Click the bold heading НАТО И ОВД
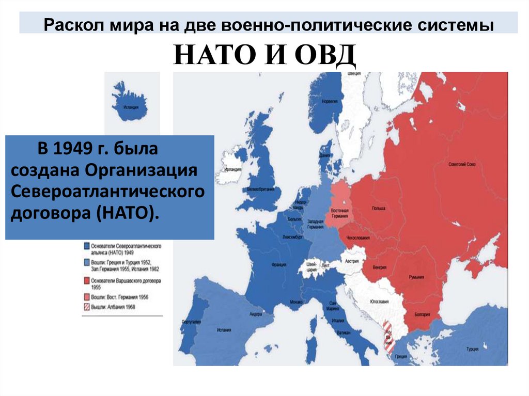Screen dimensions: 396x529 (x=264, y=55)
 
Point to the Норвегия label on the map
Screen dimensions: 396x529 (x=329, y=102)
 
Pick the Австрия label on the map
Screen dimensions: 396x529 (x=352, y=255)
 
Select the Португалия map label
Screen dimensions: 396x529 (x=191, y=322)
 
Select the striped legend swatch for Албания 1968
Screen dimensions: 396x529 (x=86, y=307)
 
